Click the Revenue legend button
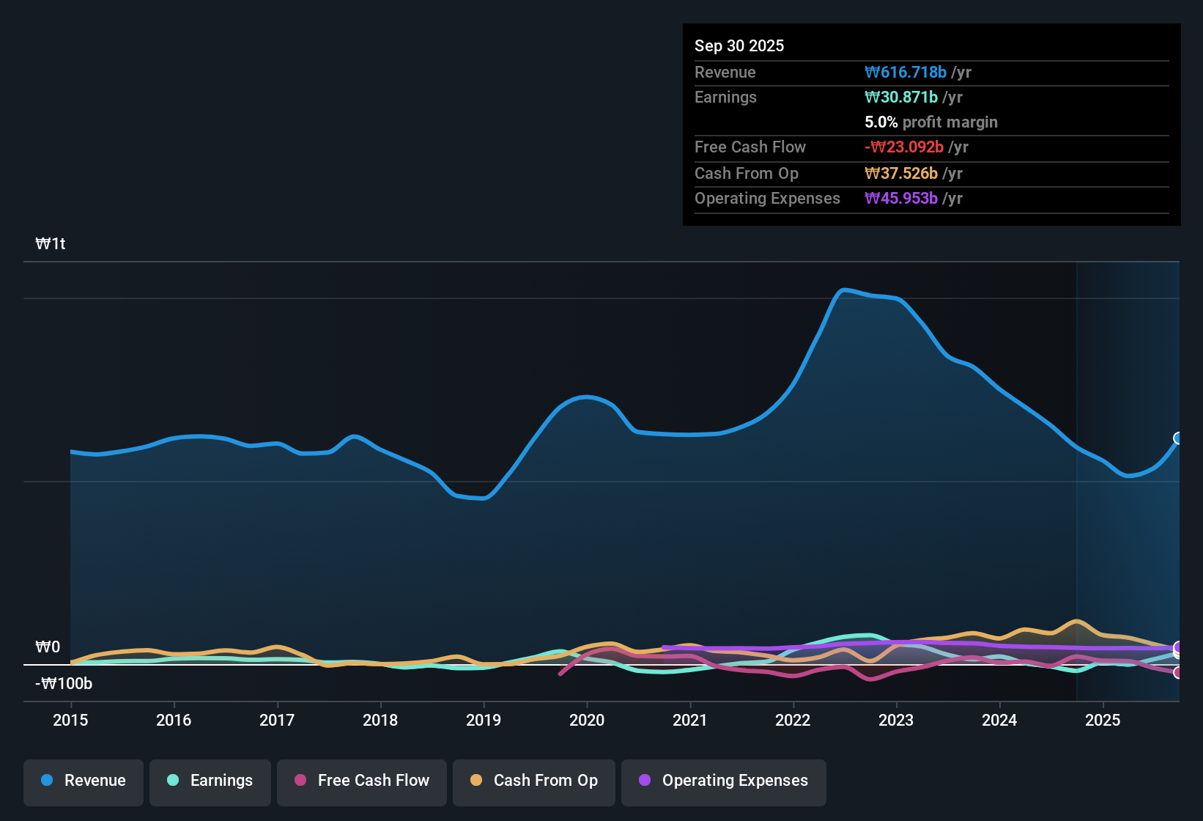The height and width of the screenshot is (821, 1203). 84,781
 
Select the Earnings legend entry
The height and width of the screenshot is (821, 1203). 210,781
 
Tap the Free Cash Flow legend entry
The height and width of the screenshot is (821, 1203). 362,781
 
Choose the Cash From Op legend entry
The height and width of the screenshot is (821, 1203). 534,781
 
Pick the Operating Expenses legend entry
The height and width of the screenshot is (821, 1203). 724,781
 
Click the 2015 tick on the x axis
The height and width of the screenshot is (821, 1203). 70,720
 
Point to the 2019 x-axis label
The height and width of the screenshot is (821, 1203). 484,720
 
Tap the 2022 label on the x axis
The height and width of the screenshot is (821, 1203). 793,720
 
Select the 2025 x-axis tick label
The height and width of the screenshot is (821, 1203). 1103,720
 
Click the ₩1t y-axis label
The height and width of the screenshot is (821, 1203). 51,244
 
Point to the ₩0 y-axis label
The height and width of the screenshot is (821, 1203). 48,647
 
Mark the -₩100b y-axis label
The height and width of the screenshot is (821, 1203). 64,684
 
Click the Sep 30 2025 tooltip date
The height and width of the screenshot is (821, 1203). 739,46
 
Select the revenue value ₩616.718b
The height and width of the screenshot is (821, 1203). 906,73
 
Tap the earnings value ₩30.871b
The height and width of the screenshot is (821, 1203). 901,97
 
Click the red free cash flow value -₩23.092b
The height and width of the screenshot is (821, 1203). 904,147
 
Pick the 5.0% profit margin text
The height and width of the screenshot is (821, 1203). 931,122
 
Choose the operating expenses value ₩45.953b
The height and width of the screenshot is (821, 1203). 901,199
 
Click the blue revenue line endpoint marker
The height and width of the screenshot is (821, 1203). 1178,438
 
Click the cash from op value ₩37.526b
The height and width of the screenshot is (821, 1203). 901,174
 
